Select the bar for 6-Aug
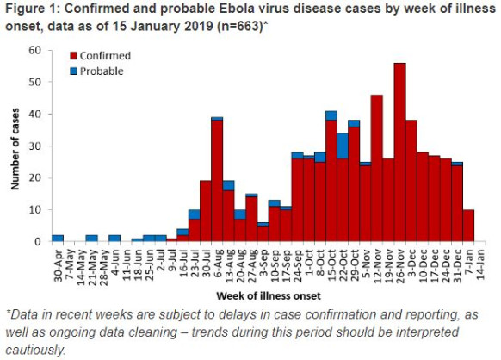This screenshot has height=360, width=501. click(x=217, y=181)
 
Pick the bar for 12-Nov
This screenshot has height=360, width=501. click(x=377, y=168)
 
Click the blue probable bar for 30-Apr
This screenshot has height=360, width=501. click(x=58, y=238)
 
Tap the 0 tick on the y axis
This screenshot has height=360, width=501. click(x=38, y=242)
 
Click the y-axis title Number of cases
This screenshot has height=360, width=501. click(x=15, y=146)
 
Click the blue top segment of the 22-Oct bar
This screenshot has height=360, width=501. click(x=343, y=146)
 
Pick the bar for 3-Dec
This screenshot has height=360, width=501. click(x=411, y=181)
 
